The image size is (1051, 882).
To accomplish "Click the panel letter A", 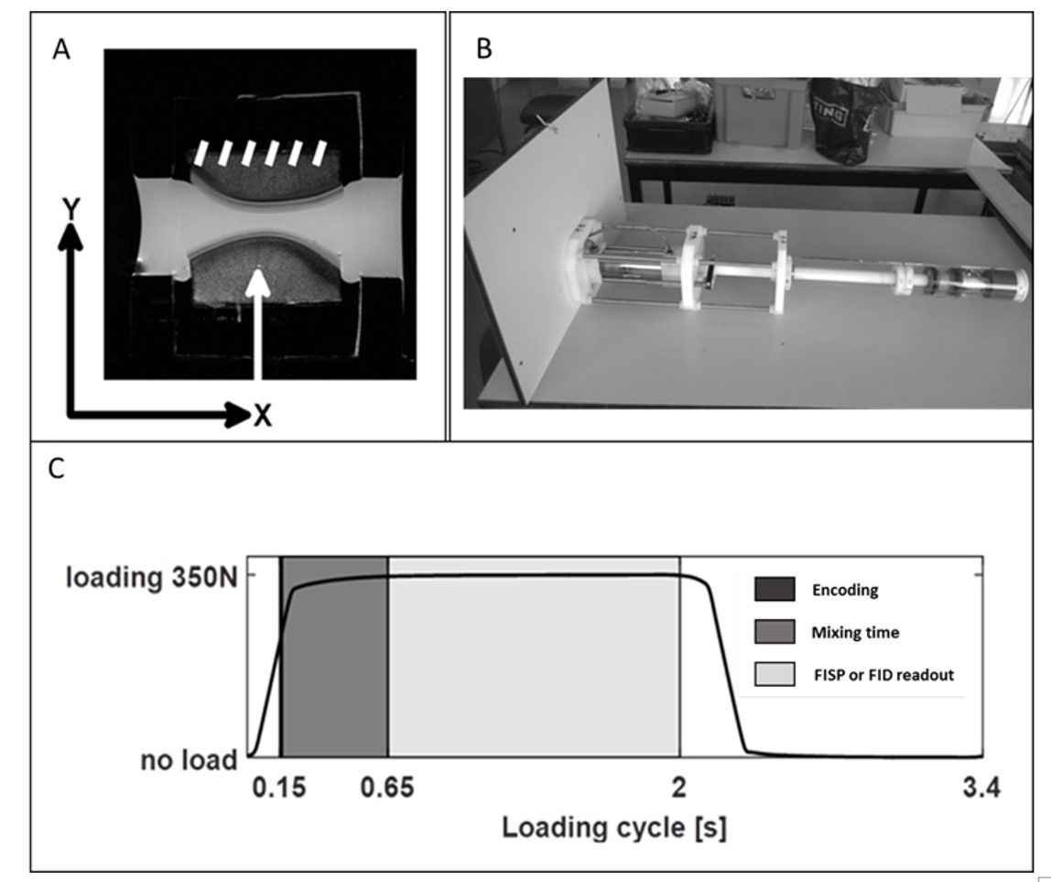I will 61,50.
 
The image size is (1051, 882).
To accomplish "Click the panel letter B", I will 484,50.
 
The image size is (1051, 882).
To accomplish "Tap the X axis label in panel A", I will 263,417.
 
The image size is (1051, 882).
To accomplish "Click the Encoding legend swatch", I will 775,590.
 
